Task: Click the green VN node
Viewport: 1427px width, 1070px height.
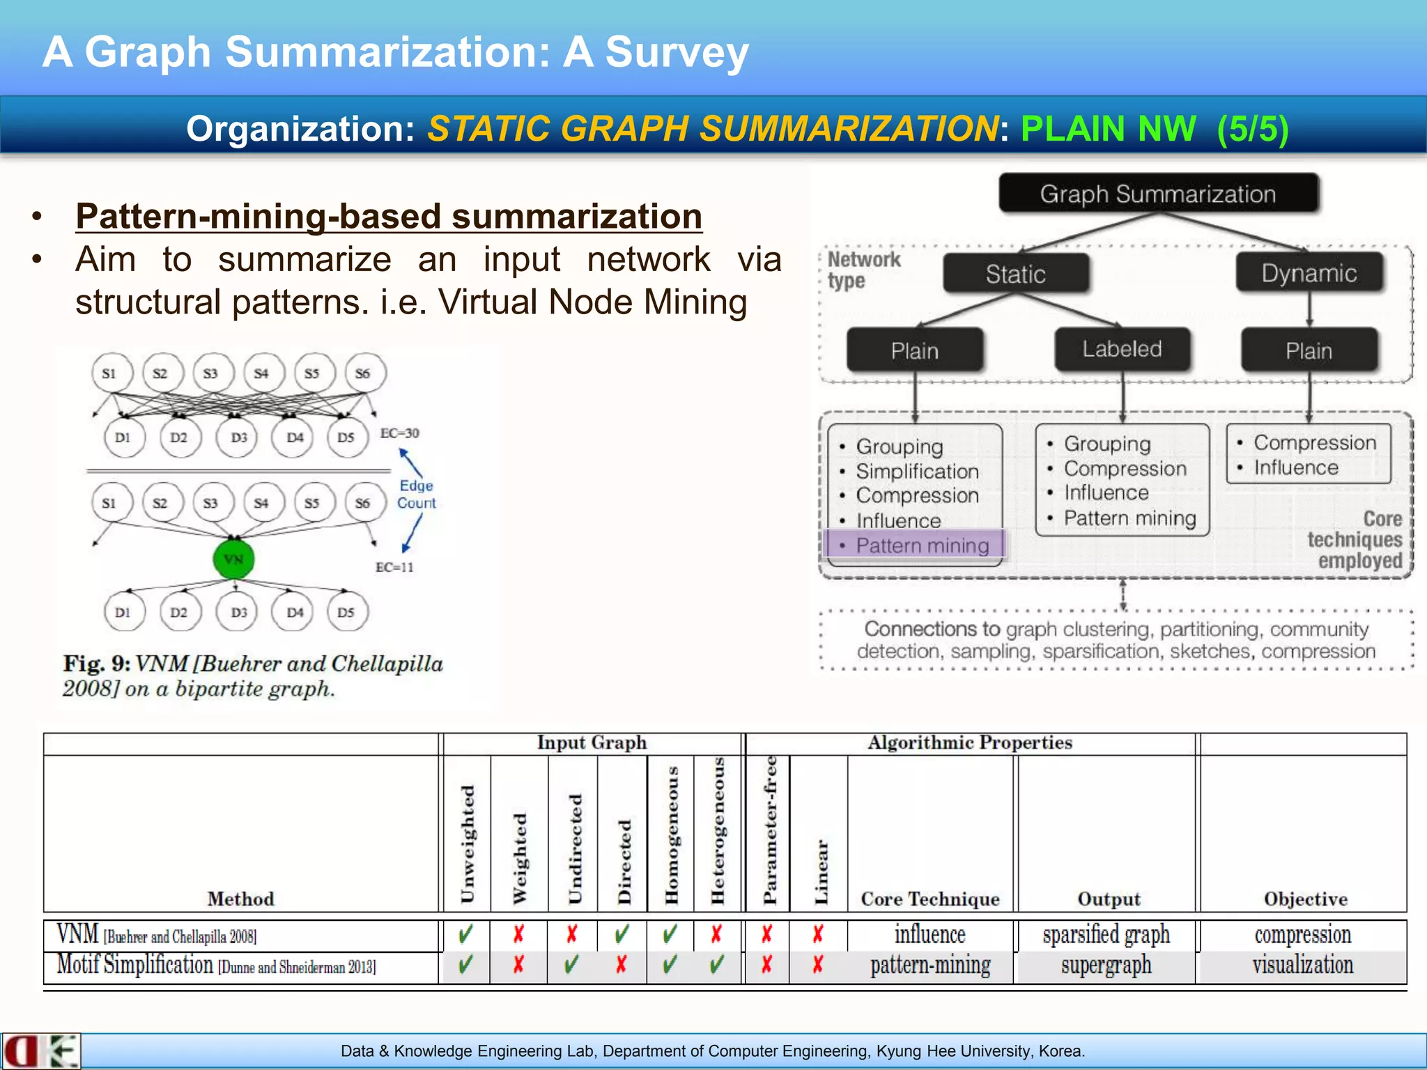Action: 233,559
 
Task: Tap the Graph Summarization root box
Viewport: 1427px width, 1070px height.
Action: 1157,194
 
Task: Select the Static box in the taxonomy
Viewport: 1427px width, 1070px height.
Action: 1015,274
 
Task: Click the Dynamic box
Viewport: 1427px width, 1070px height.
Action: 1309,273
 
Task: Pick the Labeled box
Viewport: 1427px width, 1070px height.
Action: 1121,349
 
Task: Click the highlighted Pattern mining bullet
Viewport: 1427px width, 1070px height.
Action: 922,545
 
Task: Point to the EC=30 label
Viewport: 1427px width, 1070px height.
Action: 399,433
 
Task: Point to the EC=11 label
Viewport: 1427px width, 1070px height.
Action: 394,567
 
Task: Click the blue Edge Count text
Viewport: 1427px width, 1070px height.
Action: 416,494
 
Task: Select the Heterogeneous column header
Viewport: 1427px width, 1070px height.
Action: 718,830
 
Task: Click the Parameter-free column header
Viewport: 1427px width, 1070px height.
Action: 769,830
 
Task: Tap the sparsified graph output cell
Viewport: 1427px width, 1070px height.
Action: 1106,935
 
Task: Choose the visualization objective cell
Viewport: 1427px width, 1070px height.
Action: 1302,966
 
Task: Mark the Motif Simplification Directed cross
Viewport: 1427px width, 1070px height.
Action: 622,965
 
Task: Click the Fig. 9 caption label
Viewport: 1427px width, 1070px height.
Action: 96,663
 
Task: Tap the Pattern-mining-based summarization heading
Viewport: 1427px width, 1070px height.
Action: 388,216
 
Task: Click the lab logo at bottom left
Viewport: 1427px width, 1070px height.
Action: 40,1051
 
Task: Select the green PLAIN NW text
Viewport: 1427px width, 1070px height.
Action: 1108,129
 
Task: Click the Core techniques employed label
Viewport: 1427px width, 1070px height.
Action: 1355,540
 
